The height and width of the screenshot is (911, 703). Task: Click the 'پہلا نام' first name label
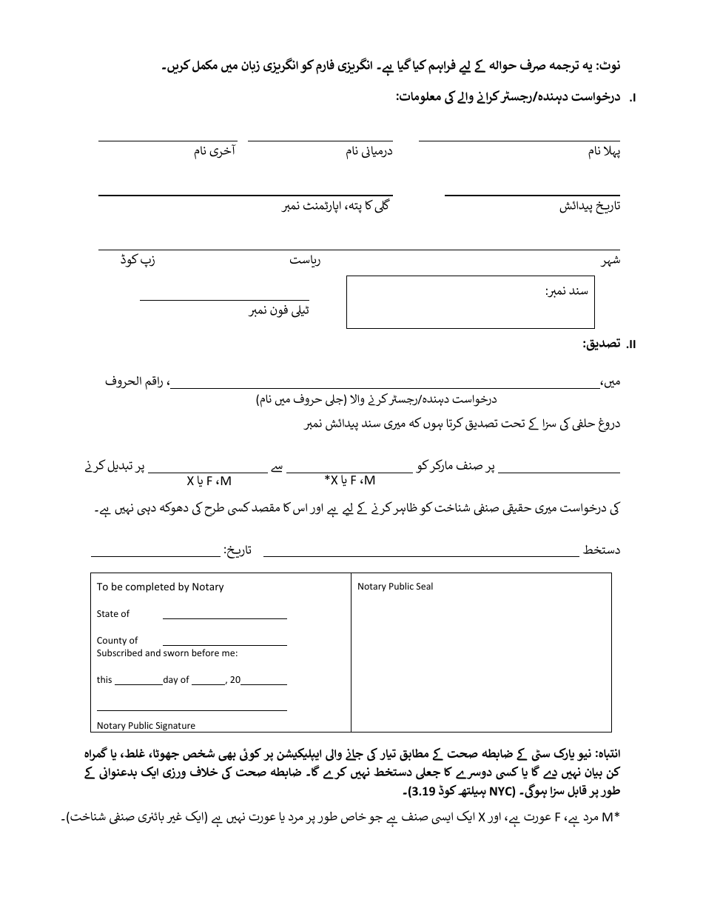pyautogui.click(x=604, y=152)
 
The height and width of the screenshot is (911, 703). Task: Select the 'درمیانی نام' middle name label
pyautogui.click(x=369, y=152)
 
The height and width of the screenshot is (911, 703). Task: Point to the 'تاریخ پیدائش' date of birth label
pyautogui.click(x=589, y=207)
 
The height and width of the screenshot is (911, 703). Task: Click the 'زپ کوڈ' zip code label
pyautogui.click(x=138, y=261)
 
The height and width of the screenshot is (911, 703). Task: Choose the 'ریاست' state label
pyautogui.click(x=304, y=261)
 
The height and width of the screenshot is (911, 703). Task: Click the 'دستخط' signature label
pyautogui.click(x=602, y=550)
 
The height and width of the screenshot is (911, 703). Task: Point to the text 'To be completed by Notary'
pyautogui.click(x=160, y=587)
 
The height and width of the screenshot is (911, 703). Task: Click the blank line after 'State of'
pyautogui.click(x=224, y=614)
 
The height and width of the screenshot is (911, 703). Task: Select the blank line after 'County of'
pyautogui.click(x=224, y=641)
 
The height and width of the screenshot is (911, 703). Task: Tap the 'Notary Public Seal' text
pyautogui.click(x=395, y=587)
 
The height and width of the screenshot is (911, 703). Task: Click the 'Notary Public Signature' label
pyautogui.click(x=146, y=726)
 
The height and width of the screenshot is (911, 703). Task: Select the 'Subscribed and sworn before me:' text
pyautogui.click(x=166, y=653)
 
